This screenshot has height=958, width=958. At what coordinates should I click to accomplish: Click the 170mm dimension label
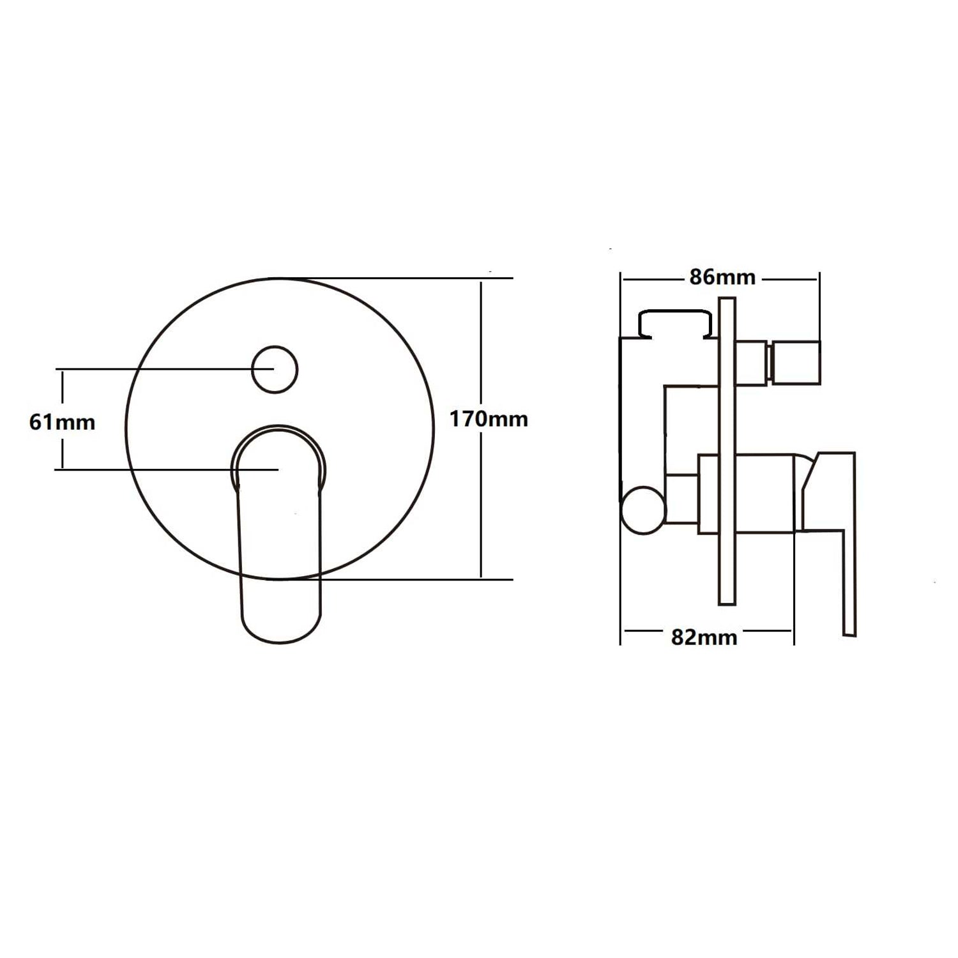coord(489,420)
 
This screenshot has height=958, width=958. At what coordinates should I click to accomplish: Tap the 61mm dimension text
coord(62,422)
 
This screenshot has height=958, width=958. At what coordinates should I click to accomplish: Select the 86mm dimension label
coord(722,277)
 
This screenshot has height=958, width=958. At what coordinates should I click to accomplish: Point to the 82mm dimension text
coord(704,637)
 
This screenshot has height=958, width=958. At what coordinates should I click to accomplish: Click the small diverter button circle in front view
coord(275,370)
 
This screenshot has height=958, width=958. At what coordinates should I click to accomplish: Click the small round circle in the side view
coord(642,510)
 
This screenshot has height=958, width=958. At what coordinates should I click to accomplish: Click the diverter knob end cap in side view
coord(796,363)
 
